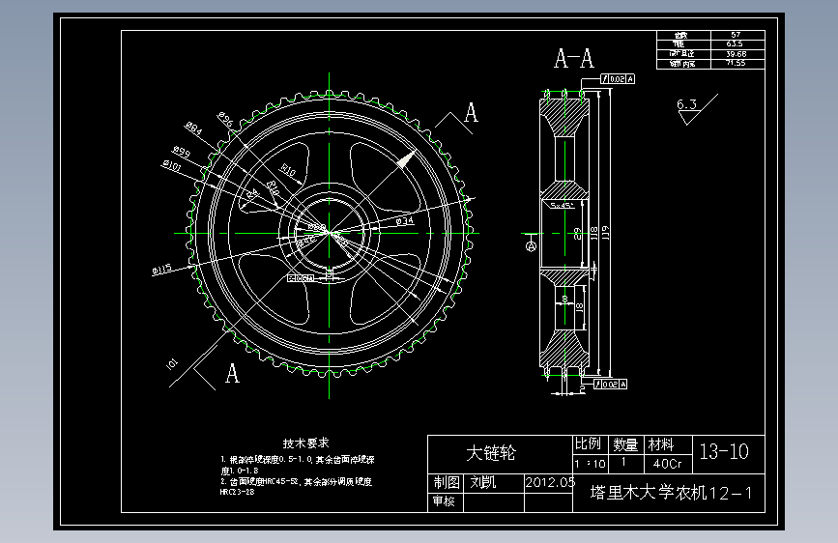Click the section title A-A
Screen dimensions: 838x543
(573, 60)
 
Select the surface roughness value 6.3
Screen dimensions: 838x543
(687, 104)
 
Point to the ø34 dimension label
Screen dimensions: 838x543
(406, 221)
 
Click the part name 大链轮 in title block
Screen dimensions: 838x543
(491, 452)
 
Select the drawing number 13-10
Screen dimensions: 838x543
(724, 451)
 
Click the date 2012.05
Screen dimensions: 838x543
(549, 481)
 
